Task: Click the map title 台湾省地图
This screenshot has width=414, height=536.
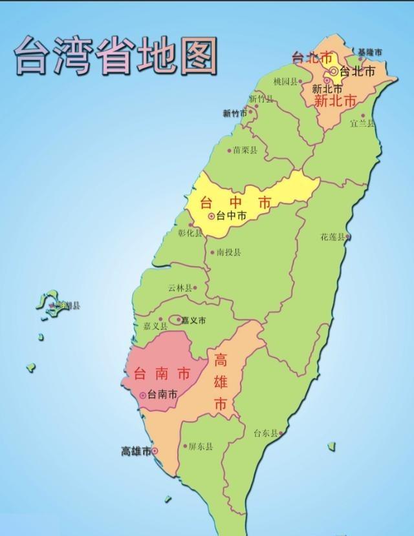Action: (x=115, y=54)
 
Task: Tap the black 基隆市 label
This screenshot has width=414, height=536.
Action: (x=370, y=52)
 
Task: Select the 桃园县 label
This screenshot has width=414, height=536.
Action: (x=285, y=81)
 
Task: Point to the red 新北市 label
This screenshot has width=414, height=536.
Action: (x=335, y=101)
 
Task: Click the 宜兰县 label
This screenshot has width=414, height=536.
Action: (x=362, y=123)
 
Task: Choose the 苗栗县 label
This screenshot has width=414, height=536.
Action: (x=245, y=150)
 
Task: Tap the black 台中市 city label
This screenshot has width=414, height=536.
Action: (x=231, y=216)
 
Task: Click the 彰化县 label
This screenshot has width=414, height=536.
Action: (x=190, y=233)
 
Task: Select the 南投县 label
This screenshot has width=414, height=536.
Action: (x=229, y=253)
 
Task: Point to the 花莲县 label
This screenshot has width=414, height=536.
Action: (x=332, y=237)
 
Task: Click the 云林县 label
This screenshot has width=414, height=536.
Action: (x=180, y=288)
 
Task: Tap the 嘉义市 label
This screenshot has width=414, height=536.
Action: (x=193, y=320)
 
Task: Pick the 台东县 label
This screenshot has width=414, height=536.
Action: (x=265, y=433)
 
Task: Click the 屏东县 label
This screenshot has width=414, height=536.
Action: (x=201, y=446)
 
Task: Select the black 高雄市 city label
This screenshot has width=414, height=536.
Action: (x=136, y=451)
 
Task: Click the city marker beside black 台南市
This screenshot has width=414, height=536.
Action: (x=143, y=395)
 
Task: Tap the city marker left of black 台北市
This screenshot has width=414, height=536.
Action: (x=334, y=71)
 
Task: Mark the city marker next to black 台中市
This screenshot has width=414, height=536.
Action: (x=211, y=216)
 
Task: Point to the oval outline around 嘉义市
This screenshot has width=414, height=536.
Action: (x=176, y=319)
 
